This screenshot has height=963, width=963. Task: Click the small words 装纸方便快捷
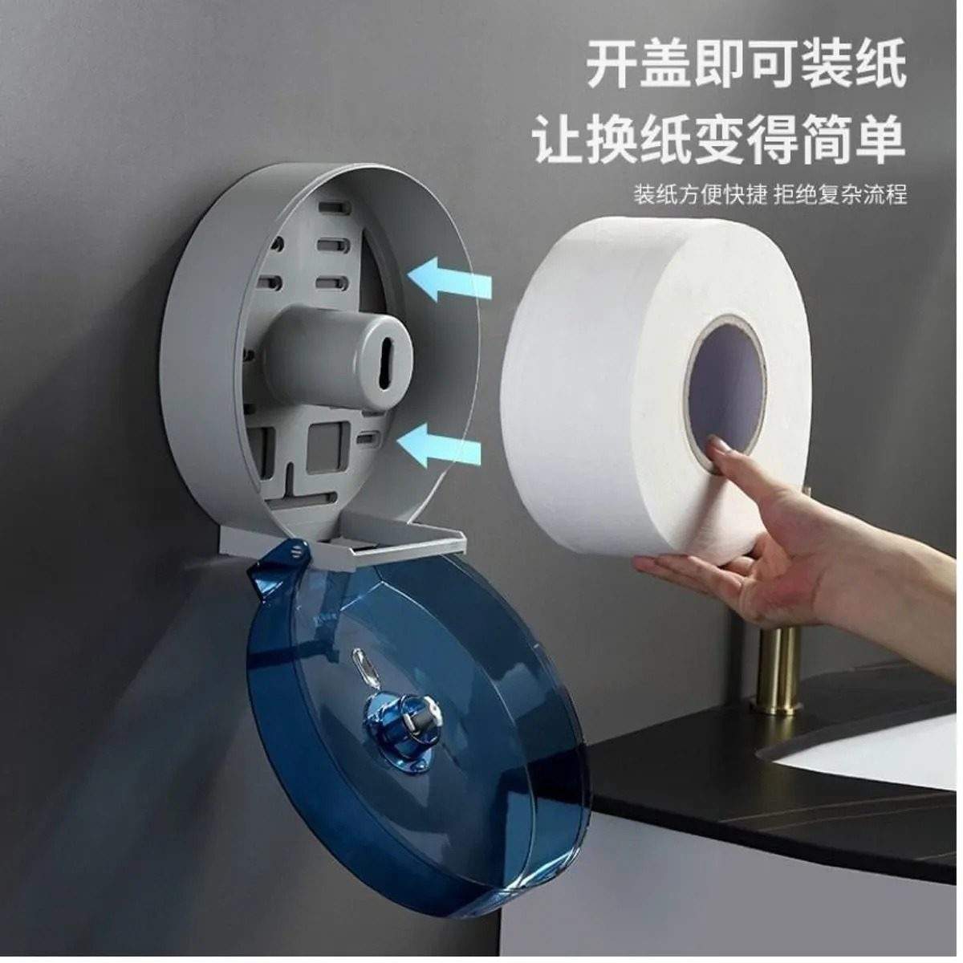pos(700,195)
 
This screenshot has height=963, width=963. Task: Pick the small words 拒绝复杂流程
pos(840,195)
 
